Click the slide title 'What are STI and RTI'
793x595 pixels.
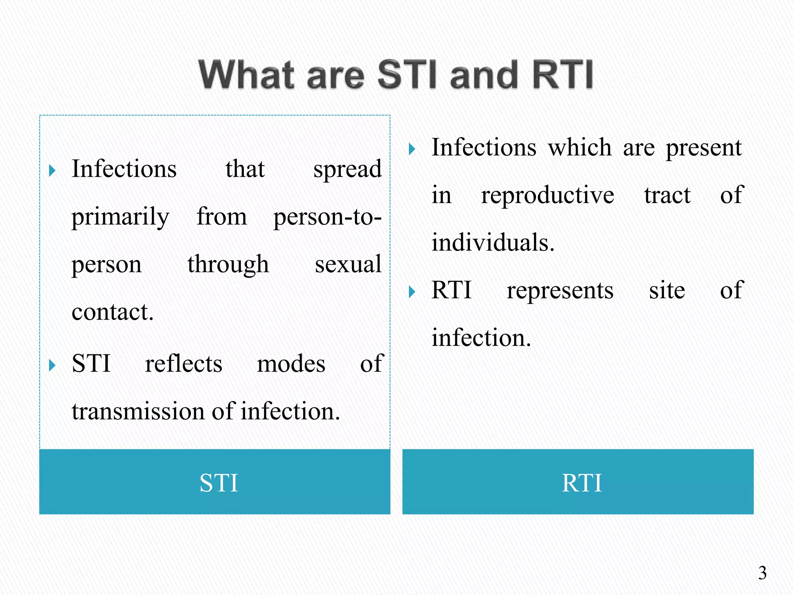coord(396,74)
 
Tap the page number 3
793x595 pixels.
coord(762,573)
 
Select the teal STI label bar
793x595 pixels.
coord(215,482)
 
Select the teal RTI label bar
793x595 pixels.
coord(578,482)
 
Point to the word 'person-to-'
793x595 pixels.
coord(327,217)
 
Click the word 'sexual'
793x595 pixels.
coord(348,265)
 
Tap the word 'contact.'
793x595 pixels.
coord(113,312)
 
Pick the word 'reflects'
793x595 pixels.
coord(184,364)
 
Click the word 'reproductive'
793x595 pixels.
coord(547,196)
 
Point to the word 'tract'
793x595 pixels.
coord(667,196)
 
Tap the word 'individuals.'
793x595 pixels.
coord(493,243)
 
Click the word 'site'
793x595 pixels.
coord(667,291)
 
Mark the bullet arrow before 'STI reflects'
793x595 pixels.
coord(52,365)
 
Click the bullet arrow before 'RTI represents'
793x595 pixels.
coord(412,292)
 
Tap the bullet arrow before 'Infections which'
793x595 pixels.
coord(412,149)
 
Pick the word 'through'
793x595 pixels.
coord(228,265)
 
